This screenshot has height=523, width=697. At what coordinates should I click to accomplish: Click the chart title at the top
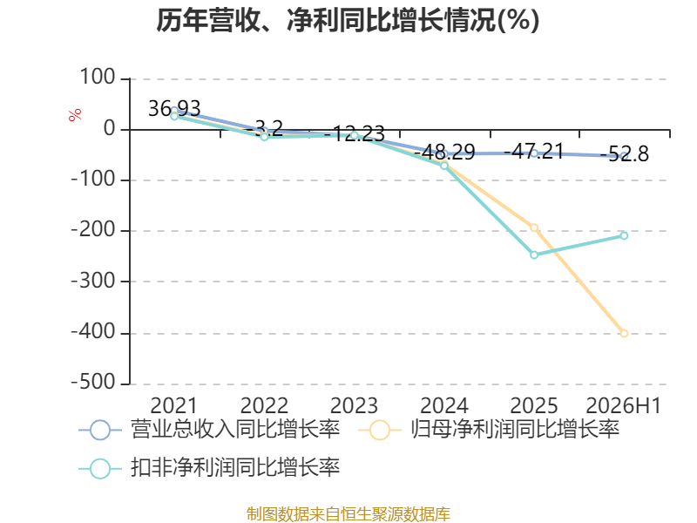click(x=348, y=20)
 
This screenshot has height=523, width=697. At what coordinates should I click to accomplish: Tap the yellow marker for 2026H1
click(x=624, y=333)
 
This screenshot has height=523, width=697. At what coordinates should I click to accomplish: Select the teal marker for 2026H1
click(x=624, y=235)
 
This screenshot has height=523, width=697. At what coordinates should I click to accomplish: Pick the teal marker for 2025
click(x=534, y=255)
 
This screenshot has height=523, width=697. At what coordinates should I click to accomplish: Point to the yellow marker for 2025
click(x=534, y=228)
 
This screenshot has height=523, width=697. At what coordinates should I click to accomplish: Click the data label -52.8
click(x=625, y=154)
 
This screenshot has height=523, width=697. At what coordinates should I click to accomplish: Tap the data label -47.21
click(x=534, y=151)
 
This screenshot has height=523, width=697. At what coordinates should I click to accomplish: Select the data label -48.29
click(x=444, y=152)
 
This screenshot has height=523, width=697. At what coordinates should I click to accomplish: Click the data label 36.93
click(x=174, y=108)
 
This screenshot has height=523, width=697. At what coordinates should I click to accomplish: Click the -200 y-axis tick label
click(x=93, y=230)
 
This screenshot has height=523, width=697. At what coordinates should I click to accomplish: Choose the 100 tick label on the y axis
click(x=98, y=78)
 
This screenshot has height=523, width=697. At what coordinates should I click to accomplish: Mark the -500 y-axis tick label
click(x=93, y=383)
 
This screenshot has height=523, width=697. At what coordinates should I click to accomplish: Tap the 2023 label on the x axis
click(x=354, y=405)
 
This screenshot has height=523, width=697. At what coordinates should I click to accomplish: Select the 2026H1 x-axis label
click(x=624, y=405)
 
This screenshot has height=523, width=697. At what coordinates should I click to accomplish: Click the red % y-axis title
click(x=75, y=114)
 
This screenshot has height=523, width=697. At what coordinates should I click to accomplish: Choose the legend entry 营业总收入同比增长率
click(x=209, y=430)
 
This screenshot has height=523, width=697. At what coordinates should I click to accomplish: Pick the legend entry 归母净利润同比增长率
click(x=489, y=430)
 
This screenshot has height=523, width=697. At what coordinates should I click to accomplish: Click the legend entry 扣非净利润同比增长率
click(x=209, y=468)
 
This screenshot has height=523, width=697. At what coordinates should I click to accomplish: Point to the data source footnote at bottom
click(x=348, y=513)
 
